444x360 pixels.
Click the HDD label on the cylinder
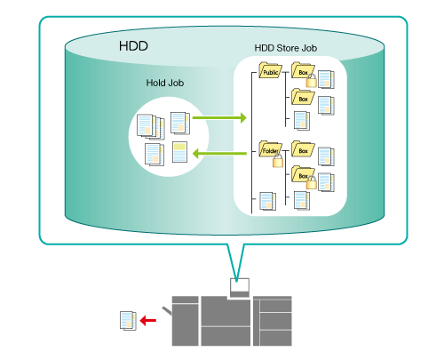coord(133,46)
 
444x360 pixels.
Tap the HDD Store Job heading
coord(286,48)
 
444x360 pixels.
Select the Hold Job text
coord(165,83)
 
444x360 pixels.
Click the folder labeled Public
coord(270,70)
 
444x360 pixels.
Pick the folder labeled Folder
coord(270,148)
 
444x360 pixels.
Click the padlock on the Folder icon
coord(278,160)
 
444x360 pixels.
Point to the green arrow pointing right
coord(219,117)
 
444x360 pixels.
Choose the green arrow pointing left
coord(219,154)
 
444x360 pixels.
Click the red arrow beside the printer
coord(147,320)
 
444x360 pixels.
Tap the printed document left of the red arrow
coord(128,321)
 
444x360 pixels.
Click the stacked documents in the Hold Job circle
coord(150,126)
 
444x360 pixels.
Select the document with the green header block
coord(179,152)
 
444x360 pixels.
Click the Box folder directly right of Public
coord(303,70)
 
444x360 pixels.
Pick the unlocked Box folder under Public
coord(303,97)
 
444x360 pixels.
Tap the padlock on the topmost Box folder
coord(311,80)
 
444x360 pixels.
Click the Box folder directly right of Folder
coord(303,148)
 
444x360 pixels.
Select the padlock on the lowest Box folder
coord(311,182)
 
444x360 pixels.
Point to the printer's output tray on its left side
coord(166,311)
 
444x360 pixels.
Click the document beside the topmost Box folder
coord(326,79)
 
